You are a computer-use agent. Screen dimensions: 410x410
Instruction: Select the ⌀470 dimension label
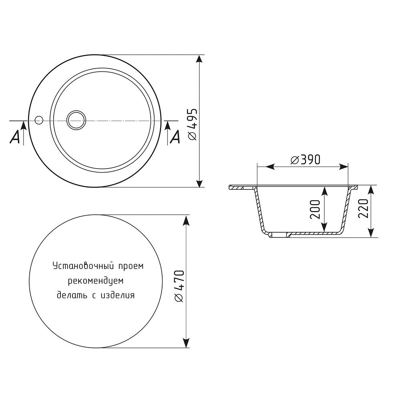click(180, 286)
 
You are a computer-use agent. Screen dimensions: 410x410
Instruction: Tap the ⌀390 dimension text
click(305, 159)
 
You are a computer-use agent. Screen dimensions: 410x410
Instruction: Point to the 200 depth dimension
click(315, 209)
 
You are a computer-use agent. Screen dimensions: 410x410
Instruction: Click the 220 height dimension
click(363, 209)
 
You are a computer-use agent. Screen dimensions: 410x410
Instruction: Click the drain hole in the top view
click(76, 120)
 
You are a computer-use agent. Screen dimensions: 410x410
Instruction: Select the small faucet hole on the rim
click(39, 120)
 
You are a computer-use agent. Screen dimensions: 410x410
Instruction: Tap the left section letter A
click(15, 137)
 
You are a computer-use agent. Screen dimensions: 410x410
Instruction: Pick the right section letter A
click(175, 137)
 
